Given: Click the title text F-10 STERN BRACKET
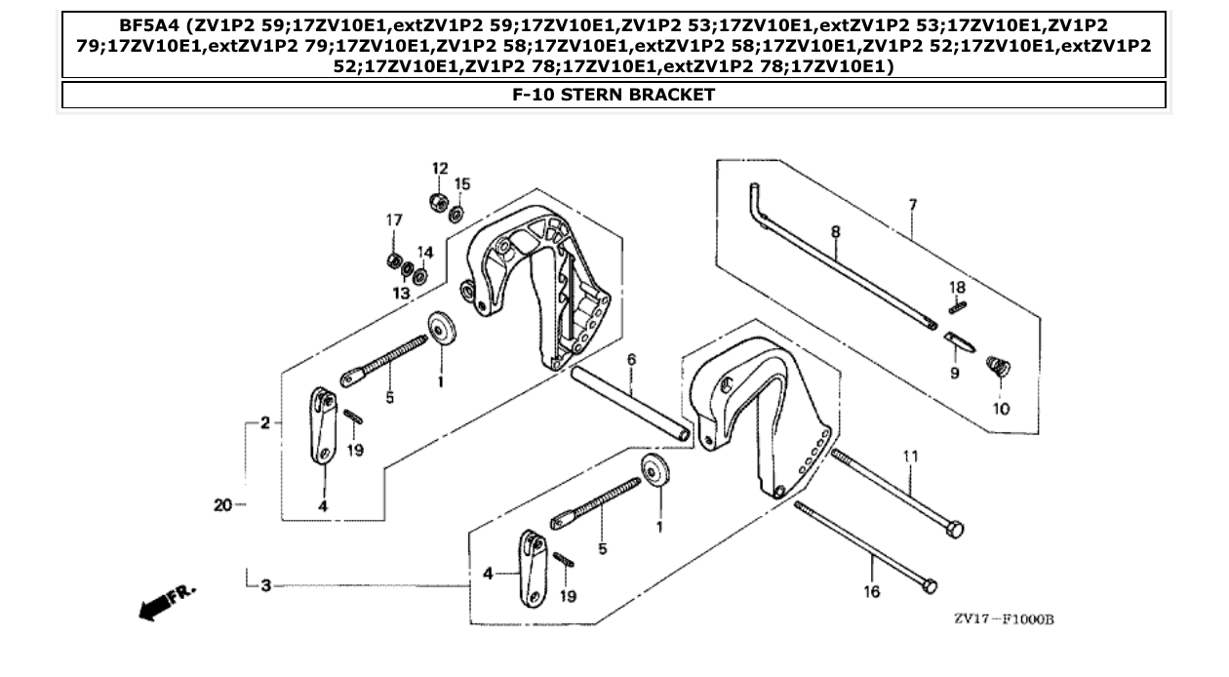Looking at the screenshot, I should coord(614,95).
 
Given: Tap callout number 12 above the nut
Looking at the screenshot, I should coord(440,169).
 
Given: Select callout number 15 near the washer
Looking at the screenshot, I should coord(462,183).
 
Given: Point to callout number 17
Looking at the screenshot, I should coord(393,220).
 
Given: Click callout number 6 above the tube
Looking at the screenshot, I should coord(631,360).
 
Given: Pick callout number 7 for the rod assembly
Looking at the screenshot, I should coord(912,205).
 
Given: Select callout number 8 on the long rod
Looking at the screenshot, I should coord(835,231).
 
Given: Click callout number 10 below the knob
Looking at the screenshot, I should coord(1002,409).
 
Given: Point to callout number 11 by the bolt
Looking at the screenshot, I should coord(911,455).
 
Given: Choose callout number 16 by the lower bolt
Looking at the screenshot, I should coord(871,591).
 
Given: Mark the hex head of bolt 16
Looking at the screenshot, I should coord(930,586).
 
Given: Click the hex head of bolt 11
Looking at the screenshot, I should coord(956,530).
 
